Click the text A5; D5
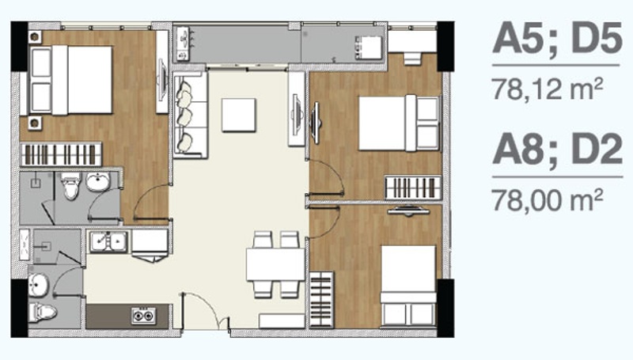click(x=557, y=39)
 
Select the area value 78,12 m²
click(x=548, y=89)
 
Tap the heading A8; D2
click(x=558, y=150)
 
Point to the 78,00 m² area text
click(x=548, y=200)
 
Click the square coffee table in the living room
click(x=239, y=115)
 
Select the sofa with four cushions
click(x=190, y=115)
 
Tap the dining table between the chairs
click(x=275, y=265)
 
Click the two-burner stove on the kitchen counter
click(x=143, y=316)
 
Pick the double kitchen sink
click(x=109, y=241)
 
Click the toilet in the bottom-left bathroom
click(x=42, y=313)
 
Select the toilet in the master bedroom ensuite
click(x=71, y=186)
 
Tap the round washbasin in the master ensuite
click(x=97, y=182)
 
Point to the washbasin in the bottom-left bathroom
click(x=39, y=285)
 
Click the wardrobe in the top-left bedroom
click(x=61, y=154)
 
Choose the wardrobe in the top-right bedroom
click(x=413, y=188)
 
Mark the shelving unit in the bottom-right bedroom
click(x=322, y=299)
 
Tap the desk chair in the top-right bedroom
click(x=411, y=59)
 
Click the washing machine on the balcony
click(x=368, y=48)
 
